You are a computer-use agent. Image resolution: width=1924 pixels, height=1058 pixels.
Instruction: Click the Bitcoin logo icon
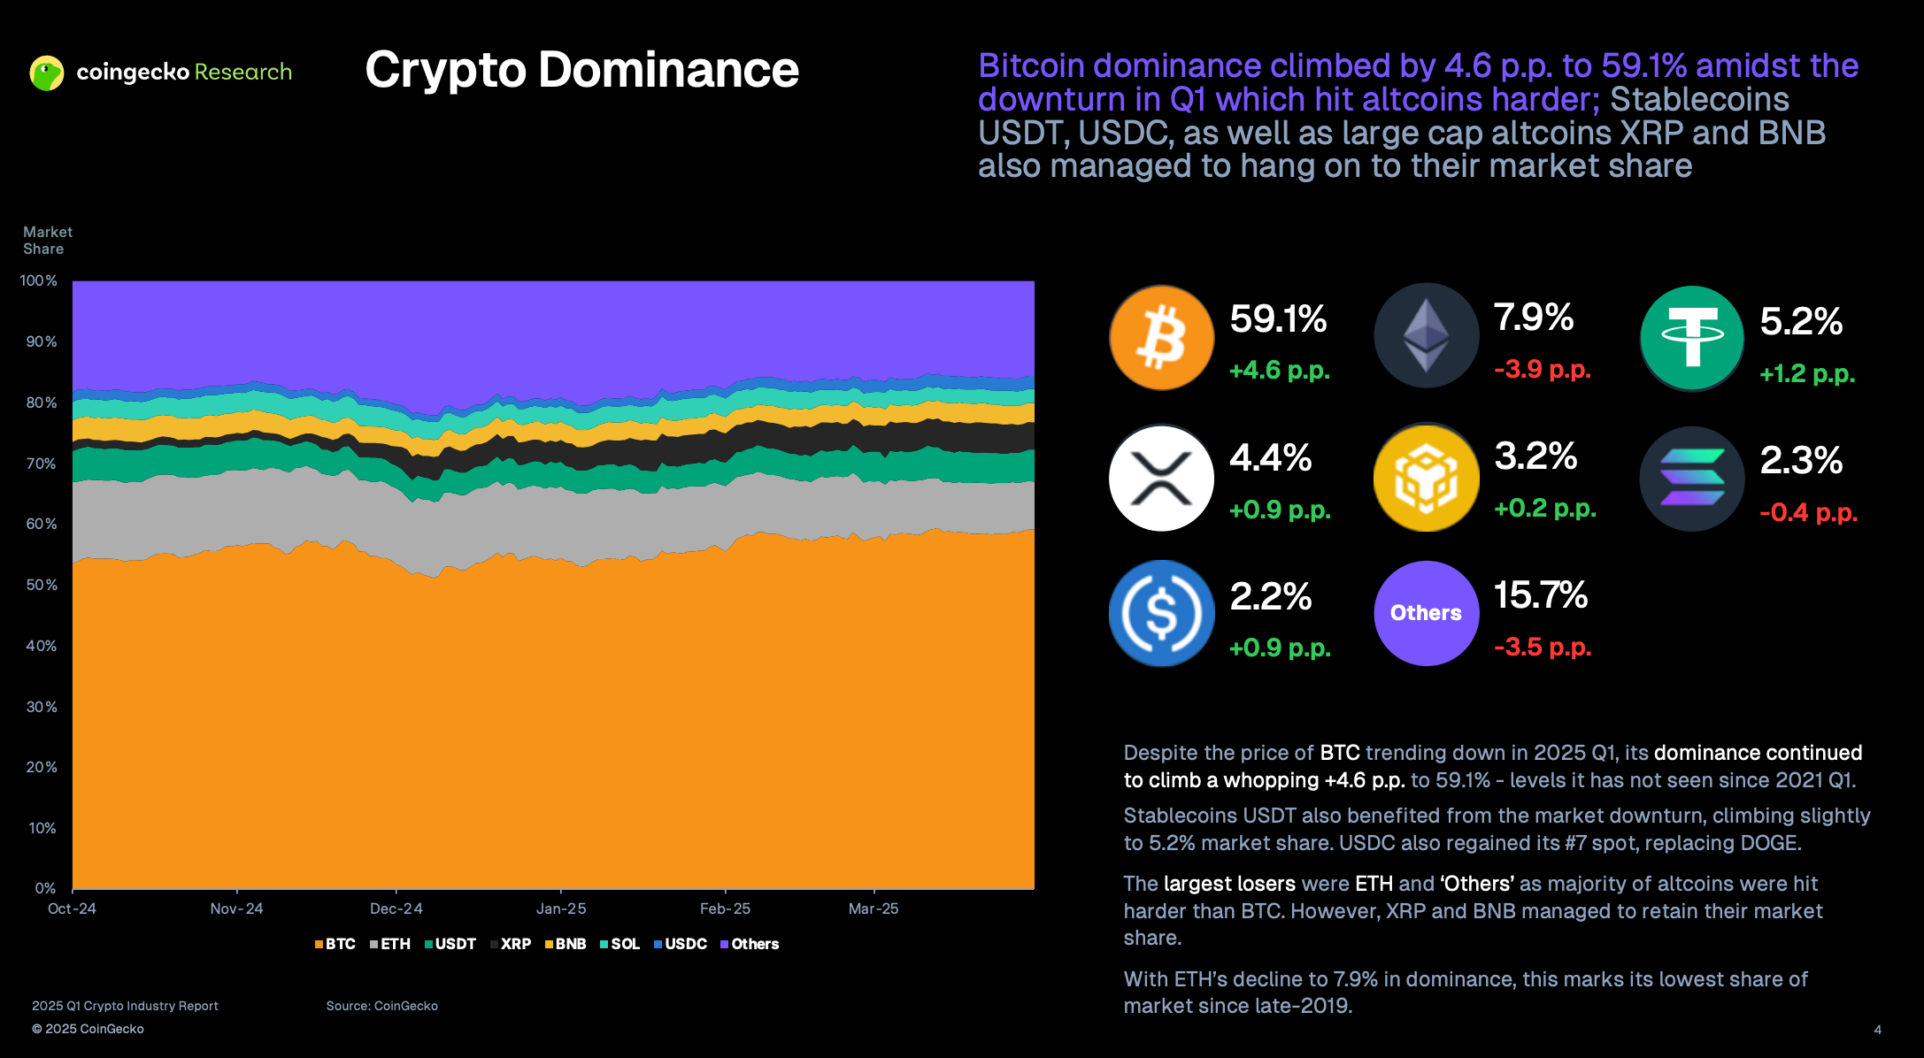pos(1161,337)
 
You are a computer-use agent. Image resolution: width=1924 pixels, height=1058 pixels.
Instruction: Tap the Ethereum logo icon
pos(1426,335)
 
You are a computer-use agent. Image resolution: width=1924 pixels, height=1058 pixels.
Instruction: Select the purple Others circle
pos(1426,612)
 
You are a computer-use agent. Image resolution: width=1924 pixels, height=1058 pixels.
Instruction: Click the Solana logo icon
pos(1691,478)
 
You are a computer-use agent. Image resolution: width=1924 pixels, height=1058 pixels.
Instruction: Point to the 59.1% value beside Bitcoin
pos(1278,318)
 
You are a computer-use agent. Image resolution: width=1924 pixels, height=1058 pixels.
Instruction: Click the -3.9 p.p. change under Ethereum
pos(1542,369)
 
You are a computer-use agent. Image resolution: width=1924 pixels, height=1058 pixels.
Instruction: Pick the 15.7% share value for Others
pos(1540,595)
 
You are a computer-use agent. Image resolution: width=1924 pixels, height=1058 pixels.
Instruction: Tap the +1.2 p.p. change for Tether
pos(1806,373)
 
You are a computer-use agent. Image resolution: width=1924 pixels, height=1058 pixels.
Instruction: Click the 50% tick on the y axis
pos(42,585)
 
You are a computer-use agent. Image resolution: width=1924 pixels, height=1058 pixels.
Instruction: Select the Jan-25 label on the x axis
pos(561,908)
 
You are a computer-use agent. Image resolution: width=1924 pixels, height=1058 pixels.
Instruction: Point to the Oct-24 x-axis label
pos(72,908)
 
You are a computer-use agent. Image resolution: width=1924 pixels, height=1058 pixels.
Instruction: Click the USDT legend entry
pos(450,944)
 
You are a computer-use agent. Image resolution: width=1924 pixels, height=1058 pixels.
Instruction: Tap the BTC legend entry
pos(335,944)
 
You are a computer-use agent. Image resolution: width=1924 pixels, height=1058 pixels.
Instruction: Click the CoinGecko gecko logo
pos(47,73)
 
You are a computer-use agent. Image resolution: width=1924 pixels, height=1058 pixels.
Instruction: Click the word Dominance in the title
pos(668,70)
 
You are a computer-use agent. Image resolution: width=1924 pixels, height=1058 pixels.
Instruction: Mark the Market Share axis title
pos(47,240)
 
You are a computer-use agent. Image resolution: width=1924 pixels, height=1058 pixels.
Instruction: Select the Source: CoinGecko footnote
pos(381,1006)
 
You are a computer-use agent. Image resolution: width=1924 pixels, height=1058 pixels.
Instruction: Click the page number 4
pos(1877,1030)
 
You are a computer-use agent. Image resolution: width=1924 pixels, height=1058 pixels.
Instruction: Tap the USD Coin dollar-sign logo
pos(1161,612)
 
